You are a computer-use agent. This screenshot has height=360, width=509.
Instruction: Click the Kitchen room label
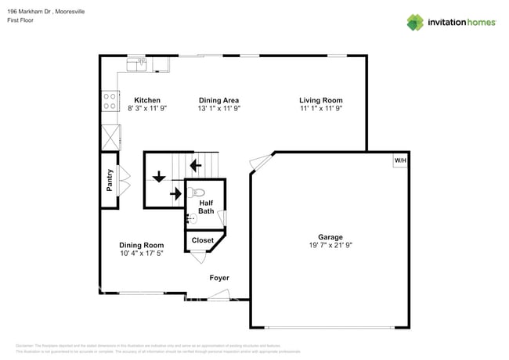tap(147, 100)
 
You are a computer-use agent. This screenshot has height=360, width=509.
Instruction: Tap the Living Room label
tap(320, 100)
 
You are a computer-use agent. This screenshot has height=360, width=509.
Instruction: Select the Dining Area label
tap(218, 100)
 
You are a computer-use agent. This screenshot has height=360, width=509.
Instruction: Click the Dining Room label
tap(142, 245)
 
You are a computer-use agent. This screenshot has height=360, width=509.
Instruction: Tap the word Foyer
tap(219, 278)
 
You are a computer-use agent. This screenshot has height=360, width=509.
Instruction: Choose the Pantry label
tap(110, 180)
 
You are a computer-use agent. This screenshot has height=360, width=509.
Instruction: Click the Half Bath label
tap(206, 207)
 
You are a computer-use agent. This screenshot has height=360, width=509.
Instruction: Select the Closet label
tap(203, 240)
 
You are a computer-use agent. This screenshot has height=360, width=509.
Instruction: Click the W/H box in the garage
tap(400, 160)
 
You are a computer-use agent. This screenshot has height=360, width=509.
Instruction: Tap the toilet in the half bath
tap(197, 192)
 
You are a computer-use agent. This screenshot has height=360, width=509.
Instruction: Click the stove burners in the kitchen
tap(109, 101)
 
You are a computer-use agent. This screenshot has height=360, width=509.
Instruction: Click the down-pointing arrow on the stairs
tap(159, 176)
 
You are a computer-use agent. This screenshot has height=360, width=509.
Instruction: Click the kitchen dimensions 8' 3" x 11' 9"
tap(147, 109)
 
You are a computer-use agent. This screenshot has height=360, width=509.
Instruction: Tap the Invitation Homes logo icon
tap(417, 22)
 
